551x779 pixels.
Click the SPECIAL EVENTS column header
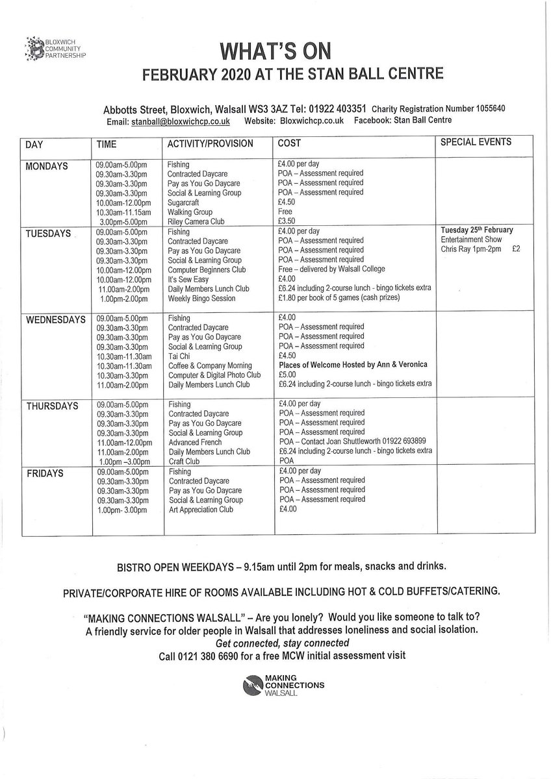coord(476,142)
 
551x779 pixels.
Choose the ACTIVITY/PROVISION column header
coord(210,143)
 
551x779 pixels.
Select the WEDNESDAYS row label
coord(55,320)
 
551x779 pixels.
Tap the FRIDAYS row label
coord(45,474)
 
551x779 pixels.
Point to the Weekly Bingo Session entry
coord(201,298)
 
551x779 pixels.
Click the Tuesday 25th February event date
coord(476,230)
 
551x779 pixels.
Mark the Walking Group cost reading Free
coord(284,212)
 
